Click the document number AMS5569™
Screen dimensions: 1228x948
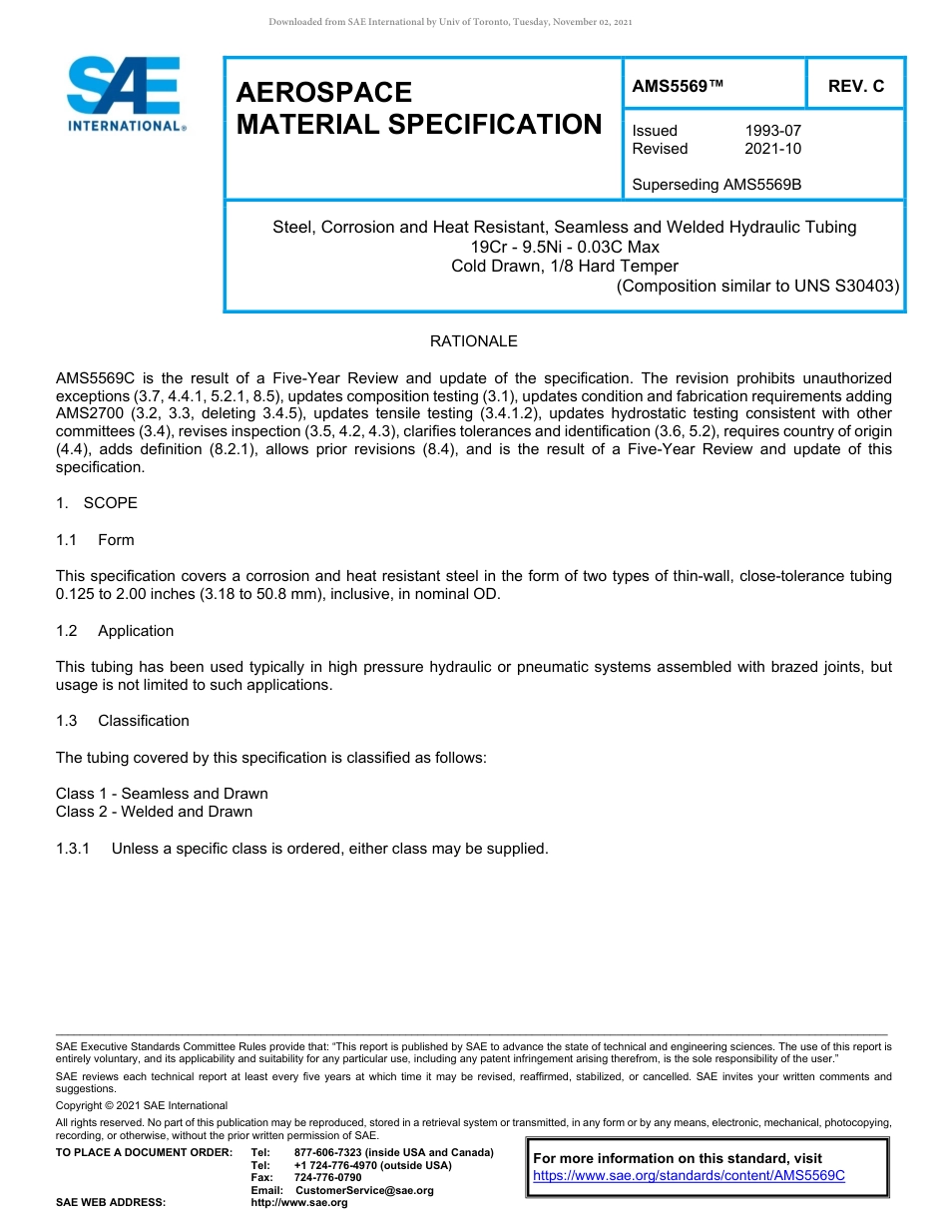pyautogui.click(x=678, y=86)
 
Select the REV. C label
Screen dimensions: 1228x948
pyautogui.click(x=855, y=86)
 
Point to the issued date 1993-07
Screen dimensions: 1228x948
pyautogui.click(x=772, y=131)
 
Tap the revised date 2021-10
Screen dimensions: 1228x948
pyautogui.click(x=772, y=149)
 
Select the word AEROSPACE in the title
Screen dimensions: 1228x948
pyautogui.click(x=324, y=93)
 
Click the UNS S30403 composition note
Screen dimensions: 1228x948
pyautogui.click(x=757, y=286)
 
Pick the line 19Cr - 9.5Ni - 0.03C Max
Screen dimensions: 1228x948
pyautogui.click(x=565, y=247)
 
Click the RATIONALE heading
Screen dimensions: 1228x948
pyautogui.click(x=473, y=341)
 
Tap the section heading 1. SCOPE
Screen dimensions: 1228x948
pyautogui.click(x=97, y=503)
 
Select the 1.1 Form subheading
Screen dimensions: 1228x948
pyautogui.click(x=96, y=540)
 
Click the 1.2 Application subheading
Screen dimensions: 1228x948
pyautogui.click(x=115, y=631)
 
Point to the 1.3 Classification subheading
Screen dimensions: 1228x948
pyautogui.click(x=123, y=721)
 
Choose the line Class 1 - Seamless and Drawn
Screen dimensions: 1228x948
pyautogui.click(x=162, y=794)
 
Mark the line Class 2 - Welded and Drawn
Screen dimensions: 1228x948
pyautogui.click(x=155, y=812)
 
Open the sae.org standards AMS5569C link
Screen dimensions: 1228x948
pyautogui.click(x=689, y=1176)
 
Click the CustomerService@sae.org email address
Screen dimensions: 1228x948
pyautogui.click(x=364, y=1190)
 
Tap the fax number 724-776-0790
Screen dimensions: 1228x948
pyautogui.click(x=327, y=1178)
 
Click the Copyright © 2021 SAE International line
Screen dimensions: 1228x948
pyautogui.click(x=142, y=1105)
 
